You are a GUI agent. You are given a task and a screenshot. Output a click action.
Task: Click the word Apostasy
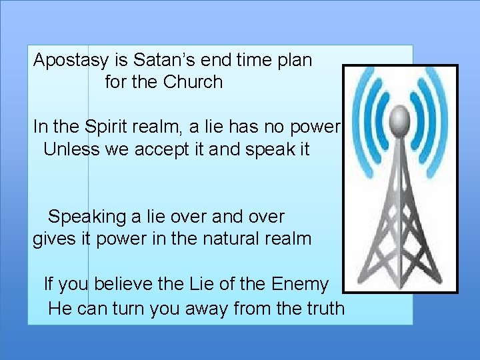tap(71, 61)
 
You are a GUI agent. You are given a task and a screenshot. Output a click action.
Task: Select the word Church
tap(193, 82)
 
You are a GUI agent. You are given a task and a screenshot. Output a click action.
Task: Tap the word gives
tap(51, 239)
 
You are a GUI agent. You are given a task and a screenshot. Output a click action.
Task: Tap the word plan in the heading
tap(291, 61)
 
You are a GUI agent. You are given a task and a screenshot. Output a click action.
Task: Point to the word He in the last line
tap(59, 308)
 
